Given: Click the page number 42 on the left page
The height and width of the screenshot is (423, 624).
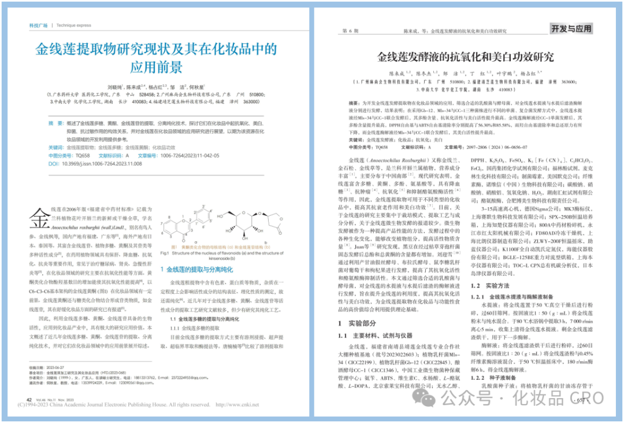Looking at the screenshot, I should point(28,399).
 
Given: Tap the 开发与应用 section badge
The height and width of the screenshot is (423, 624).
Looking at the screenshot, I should point(571,29).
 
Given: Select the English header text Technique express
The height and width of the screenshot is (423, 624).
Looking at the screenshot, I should point(74,25).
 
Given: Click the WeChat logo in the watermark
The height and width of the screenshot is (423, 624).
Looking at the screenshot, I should point(432,398).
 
